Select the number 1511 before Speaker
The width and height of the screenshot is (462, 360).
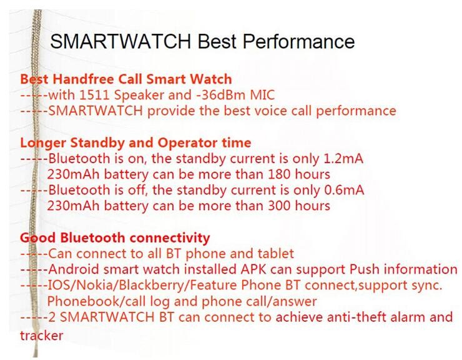pyautogui.click(x=94, y=95)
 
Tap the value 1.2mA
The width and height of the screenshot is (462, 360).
pyautogui.click(x=343, y=159)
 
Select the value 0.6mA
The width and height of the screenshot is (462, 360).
pyautogui.click(x=344, y=190)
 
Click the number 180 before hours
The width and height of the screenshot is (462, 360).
pyautogui.click(x=279, y=174)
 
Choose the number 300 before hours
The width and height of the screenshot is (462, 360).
pyautogui.click(x=279, y=206)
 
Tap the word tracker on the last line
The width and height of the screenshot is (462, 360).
pyautogui.click(x=42, y=336)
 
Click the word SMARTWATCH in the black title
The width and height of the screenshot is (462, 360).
pyautogui.click(x=120, y=41)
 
